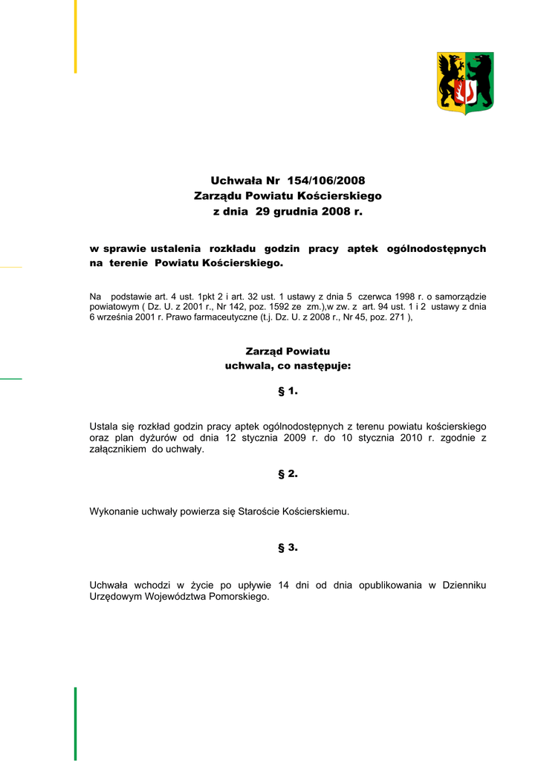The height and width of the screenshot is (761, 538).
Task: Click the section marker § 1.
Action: tap(288, 391)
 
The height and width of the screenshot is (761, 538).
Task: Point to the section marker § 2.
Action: tap(288, 473)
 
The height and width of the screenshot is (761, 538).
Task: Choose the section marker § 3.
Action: tap(288, 548)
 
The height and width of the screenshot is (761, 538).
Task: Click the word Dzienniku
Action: tap(464, 586)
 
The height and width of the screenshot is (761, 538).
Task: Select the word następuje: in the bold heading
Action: tap(323, 366)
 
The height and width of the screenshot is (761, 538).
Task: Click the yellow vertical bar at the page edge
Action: tap(75, 36)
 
